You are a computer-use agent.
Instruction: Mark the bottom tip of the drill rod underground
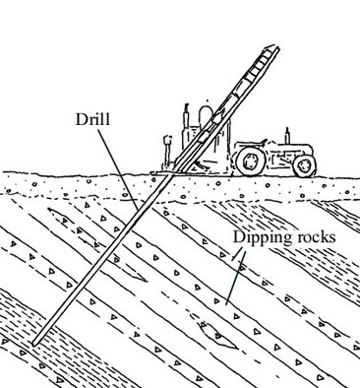(x=32, y=345)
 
